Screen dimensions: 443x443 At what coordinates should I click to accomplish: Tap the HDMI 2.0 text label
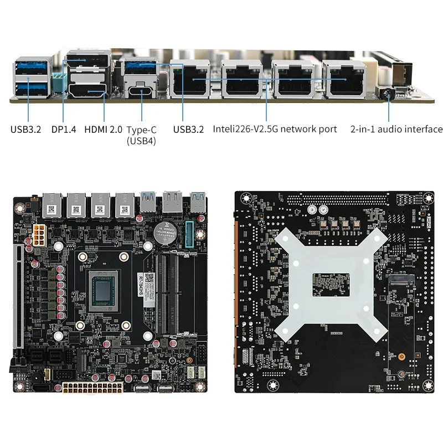[x=103, y=130]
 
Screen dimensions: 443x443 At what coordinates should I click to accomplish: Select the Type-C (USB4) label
[x=141, y=135]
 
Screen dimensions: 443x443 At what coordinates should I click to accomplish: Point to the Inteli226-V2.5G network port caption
[x=275, y=129]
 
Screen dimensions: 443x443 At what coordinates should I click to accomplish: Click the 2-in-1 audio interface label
[x=396, y=129]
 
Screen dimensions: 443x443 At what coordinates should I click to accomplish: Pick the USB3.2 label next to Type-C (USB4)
[x=188, y=130]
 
